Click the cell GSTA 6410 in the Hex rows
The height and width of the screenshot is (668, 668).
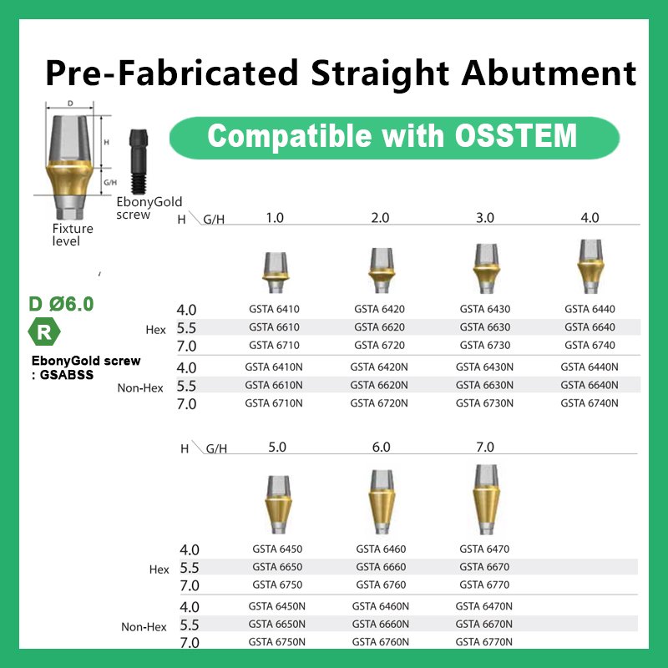click(274, 309)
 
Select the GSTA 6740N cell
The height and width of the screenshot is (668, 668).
click(590, 403)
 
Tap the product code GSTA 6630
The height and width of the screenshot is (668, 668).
click(484, 327)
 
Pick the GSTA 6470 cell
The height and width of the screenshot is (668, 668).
click(484, 549)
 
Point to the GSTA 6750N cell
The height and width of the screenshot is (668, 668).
click(277, 641)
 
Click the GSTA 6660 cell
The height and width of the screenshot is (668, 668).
click(381, 567)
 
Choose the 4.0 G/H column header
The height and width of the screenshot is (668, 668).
click(590, 218)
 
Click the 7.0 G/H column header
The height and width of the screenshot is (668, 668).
click(484, 447)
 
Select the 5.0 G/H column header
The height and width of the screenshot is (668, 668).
click(277, 447)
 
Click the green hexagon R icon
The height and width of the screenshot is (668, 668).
click(45, 332)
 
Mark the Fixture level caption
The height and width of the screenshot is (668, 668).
click(73, 235)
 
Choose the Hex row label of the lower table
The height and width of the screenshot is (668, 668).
click(159, 569)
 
